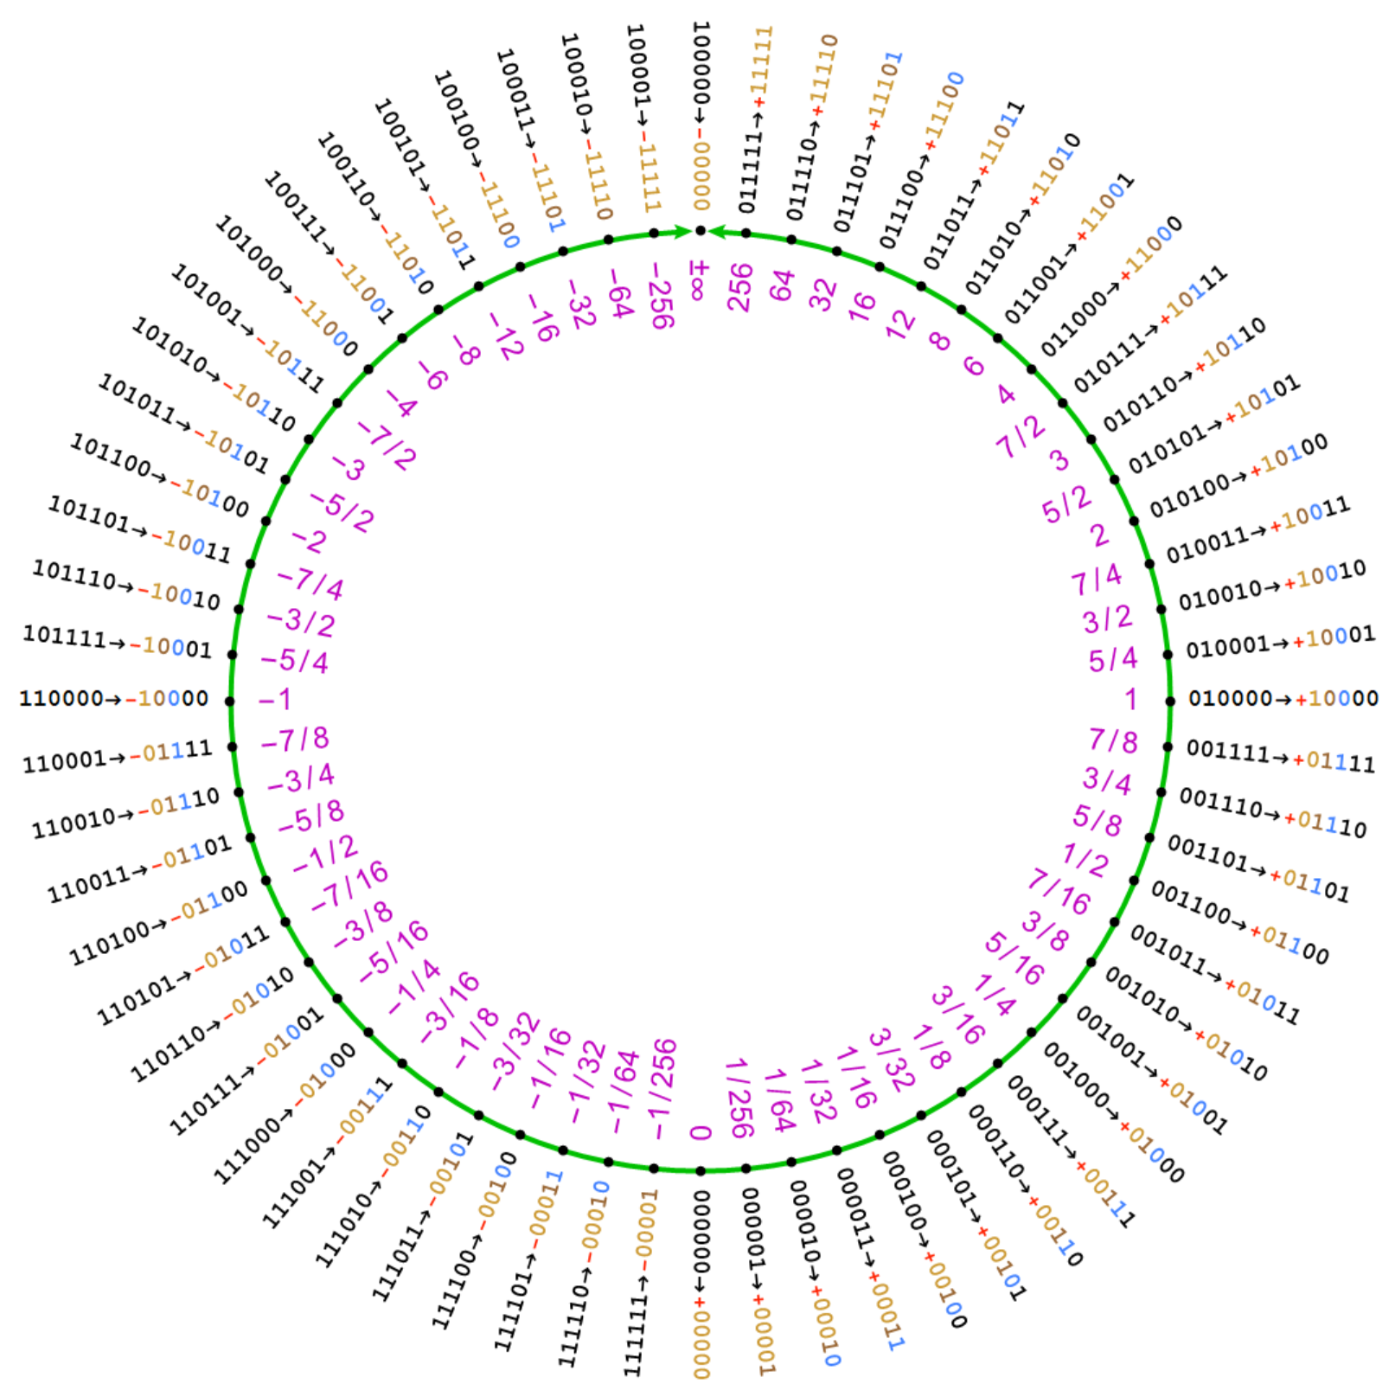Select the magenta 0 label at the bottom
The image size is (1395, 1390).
[701, 1132]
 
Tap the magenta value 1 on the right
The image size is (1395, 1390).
[1130, 699]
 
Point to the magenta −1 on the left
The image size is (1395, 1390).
[275, 699]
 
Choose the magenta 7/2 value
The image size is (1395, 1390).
[1021, 436]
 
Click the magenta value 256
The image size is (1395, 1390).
[740, 287]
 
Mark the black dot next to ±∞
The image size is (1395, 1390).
[701, 231]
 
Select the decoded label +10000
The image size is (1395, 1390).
[1336, 698]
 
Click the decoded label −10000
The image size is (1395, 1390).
[167, 698]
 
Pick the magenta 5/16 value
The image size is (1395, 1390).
[1014, 958]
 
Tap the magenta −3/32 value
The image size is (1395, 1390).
[516, 1052]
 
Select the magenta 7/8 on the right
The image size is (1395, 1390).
[1113, 740]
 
